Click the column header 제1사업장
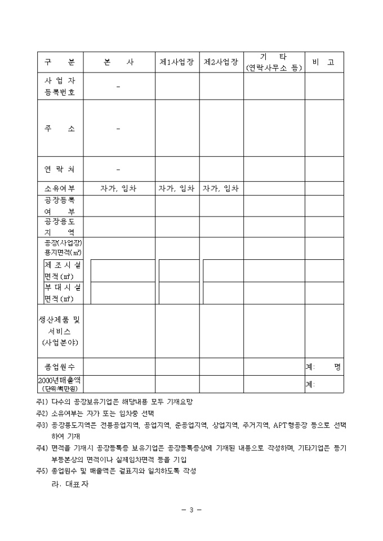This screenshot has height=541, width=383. click(177, 62)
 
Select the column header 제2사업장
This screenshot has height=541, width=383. click(221, 62)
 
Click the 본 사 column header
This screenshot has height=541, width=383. click(119, 62)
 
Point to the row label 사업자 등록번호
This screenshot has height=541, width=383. click(60, 86)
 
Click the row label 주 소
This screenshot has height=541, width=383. click(60, 129)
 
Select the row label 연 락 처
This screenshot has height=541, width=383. click(60, 169)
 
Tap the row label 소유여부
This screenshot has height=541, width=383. click(60, 188)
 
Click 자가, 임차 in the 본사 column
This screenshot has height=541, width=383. click(119, 188)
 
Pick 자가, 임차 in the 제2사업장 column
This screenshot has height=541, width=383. click(221, 188)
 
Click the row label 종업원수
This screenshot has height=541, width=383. click(60, 367)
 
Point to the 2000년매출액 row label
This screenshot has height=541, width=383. click(60, 384)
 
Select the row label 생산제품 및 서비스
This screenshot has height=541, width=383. click(60, 331)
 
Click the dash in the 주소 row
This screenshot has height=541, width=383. click(118, 129)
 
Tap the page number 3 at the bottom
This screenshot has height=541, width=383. click(191, 510)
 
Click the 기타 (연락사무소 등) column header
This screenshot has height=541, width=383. click(274, 62)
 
